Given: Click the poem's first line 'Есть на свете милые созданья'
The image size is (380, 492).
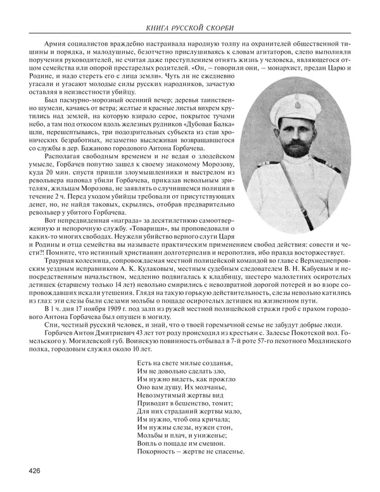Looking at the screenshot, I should tap(184, 381).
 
